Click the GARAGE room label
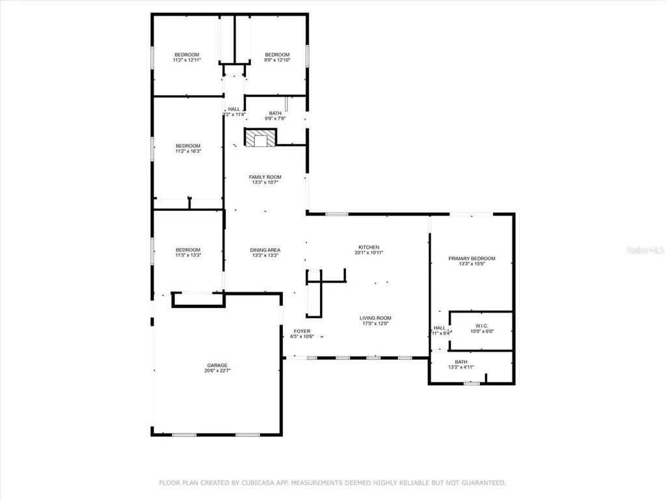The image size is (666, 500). click(x=217, y=365)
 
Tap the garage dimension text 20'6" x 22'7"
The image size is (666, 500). click(x=217, y=371)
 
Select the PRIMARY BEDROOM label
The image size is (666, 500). click(x=472, y=258)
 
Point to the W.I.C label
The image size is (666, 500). click(x=481, y=326)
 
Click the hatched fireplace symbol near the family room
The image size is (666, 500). click(x=260, y=137)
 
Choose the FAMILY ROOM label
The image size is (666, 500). click(x=265, y=177)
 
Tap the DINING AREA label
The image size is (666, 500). click(x=265, y=250)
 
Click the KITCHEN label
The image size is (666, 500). click(x=369, y=247)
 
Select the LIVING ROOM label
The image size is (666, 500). click(x=375, y=318)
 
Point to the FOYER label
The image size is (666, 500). click(x=302, y=331)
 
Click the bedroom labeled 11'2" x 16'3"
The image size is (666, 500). click(x=187, y=146)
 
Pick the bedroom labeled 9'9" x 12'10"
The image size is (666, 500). click(x=277, y=55)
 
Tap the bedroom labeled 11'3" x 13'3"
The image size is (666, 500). click(x=187, y=250)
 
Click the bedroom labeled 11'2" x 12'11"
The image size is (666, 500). click(x=186, y=55)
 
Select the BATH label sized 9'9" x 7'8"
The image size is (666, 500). click(x=275, y=113)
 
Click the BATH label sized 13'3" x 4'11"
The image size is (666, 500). click(x=460, y=362)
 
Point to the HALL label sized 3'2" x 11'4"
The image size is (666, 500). click(x=233, y=109)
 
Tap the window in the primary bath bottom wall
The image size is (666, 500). click(x=472, y=383)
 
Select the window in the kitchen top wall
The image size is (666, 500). click(x=336, y=214)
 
